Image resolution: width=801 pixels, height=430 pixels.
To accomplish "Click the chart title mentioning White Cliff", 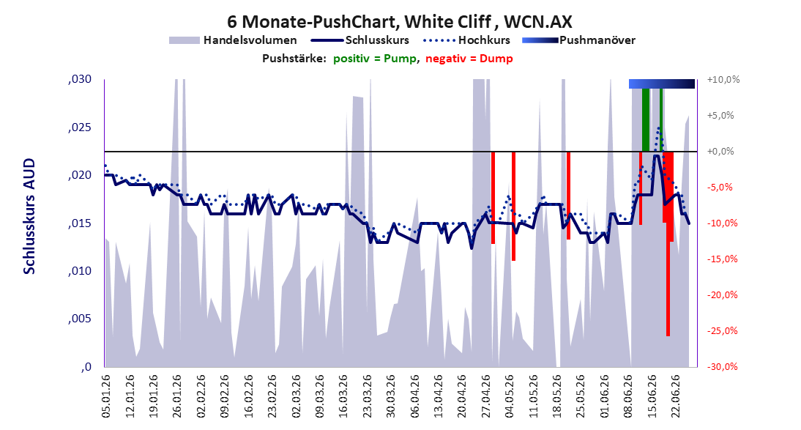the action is click(400, 21).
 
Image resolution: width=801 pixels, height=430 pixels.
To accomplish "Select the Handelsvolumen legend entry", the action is click(233, 40).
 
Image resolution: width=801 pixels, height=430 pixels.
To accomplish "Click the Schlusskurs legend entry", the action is click(359, 40).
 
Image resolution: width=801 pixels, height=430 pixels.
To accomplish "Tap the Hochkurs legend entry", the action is click(466, 40).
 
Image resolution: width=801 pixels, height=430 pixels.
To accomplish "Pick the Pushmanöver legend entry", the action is click(578, 40).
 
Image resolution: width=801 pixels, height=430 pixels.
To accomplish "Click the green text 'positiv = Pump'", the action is click(375, 59).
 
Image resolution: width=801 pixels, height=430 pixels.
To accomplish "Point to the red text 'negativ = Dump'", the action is click(469, 59).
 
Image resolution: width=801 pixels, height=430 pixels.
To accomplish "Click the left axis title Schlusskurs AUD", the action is click(29, 216).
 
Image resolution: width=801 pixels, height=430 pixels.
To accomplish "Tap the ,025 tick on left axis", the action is click(80, 127).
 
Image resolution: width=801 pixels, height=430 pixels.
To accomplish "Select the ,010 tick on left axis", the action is click(80, 271).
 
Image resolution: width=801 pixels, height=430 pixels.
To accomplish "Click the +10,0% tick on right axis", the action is click(723, 80).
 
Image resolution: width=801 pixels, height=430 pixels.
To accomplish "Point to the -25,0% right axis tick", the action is click(723, 331).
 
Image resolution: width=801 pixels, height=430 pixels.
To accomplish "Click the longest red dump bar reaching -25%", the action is click(668, 243).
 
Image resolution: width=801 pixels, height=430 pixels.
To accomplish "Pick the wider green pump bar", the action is click(646, 119).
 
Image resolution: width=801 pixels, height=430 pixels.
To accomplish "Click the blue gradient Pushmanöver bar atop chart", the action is click(662, 84).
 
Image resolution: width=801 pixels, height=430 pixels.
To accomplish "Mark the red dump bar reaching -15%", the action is click(513, 206).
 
